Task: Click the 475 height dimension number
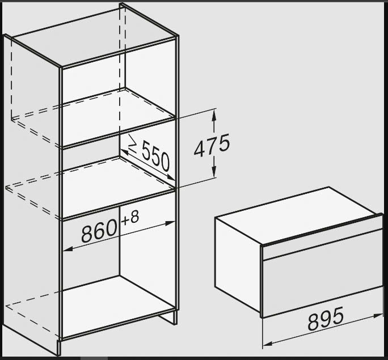coord(212,145)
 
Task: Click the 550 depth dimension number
coord(156,156)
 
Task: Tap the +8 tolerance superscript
coord(130,218)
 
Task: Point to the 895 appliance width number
coord(326,319)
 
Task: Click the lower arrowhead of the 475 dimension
coord(214,172)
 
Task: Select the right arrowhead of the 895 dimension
coord(378,315)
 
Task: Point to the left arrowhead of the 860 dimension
coord(68,249)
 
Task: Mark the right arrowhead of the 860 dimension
coord(170,223)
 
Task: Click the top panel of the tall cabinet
coord(95,36)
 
